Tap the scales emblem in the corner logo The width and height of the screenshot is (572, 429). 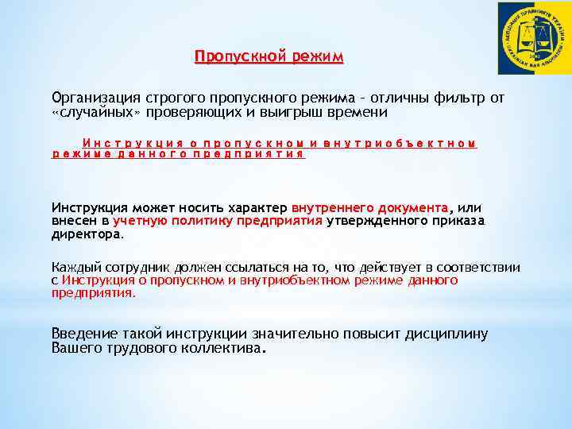click(533, 38)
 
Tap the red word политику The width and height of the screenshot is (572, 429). click(199, 220)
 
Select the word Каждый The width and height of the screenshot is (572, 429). click(75, 268)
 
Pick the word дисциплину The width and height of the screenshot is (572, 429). click(450, 334)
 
